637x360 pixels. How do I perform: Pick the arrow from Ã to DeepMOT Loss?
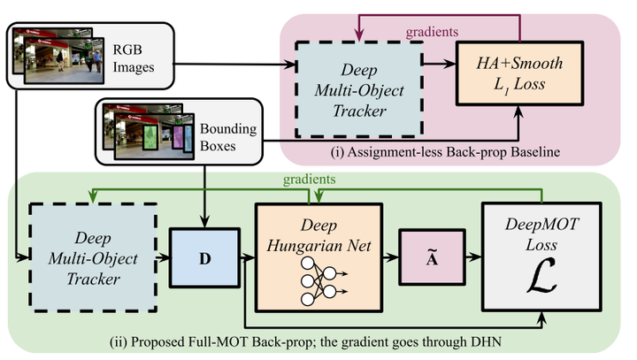coord(468,258)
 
